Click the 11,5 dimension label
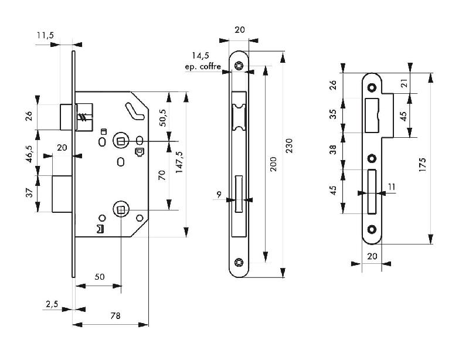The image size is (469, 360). click(45, 36)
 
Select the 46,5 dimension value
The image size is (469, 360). click(29, 157)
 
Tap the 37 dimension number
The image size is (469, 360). click(29, 193)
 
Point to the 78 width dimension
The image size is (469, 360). click(115, 316)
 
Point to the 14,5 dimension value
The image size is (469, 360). click(200, 56)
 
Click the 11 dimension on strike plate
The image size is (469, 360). click(392, 186)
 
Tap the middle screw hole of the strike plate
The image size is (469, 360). click(371, 157)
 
